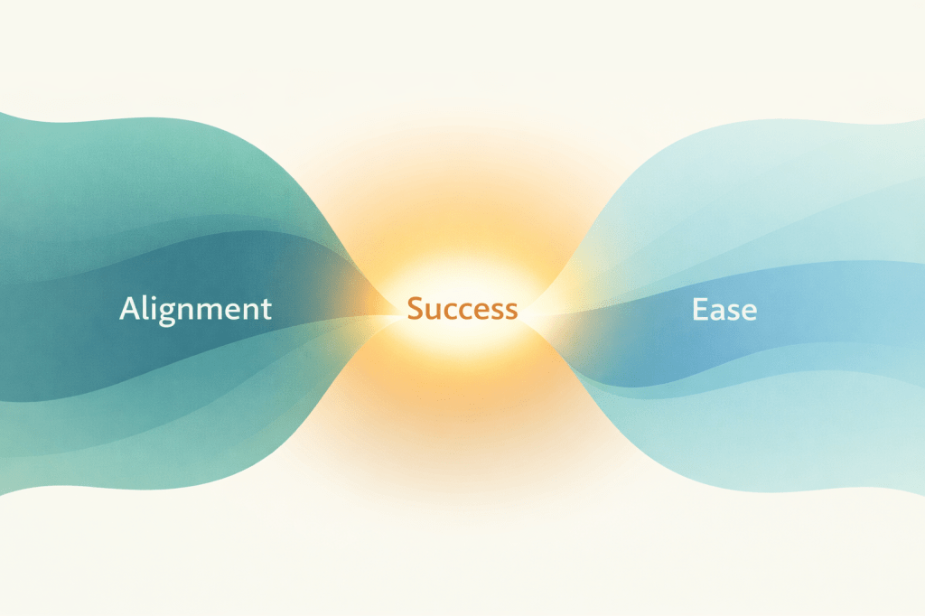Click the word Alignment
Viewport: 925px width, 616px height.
[195, 309]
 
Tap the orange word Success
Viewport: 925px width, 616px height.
[462, 309]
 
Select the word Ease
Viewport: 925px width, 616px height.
[724, 309]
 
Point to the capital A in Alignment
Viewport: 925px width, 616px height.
[130, 309]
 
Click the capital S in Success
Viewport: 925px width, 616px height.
[416, 309]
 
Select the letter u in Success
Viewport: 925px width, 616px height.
[433, 311]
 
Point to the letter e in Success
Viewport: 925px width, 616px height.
[477, 311]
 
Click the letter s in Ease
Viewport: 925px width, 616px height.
[733, 311]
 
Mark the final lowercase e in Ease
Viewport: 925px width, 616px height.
[749, 311]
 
